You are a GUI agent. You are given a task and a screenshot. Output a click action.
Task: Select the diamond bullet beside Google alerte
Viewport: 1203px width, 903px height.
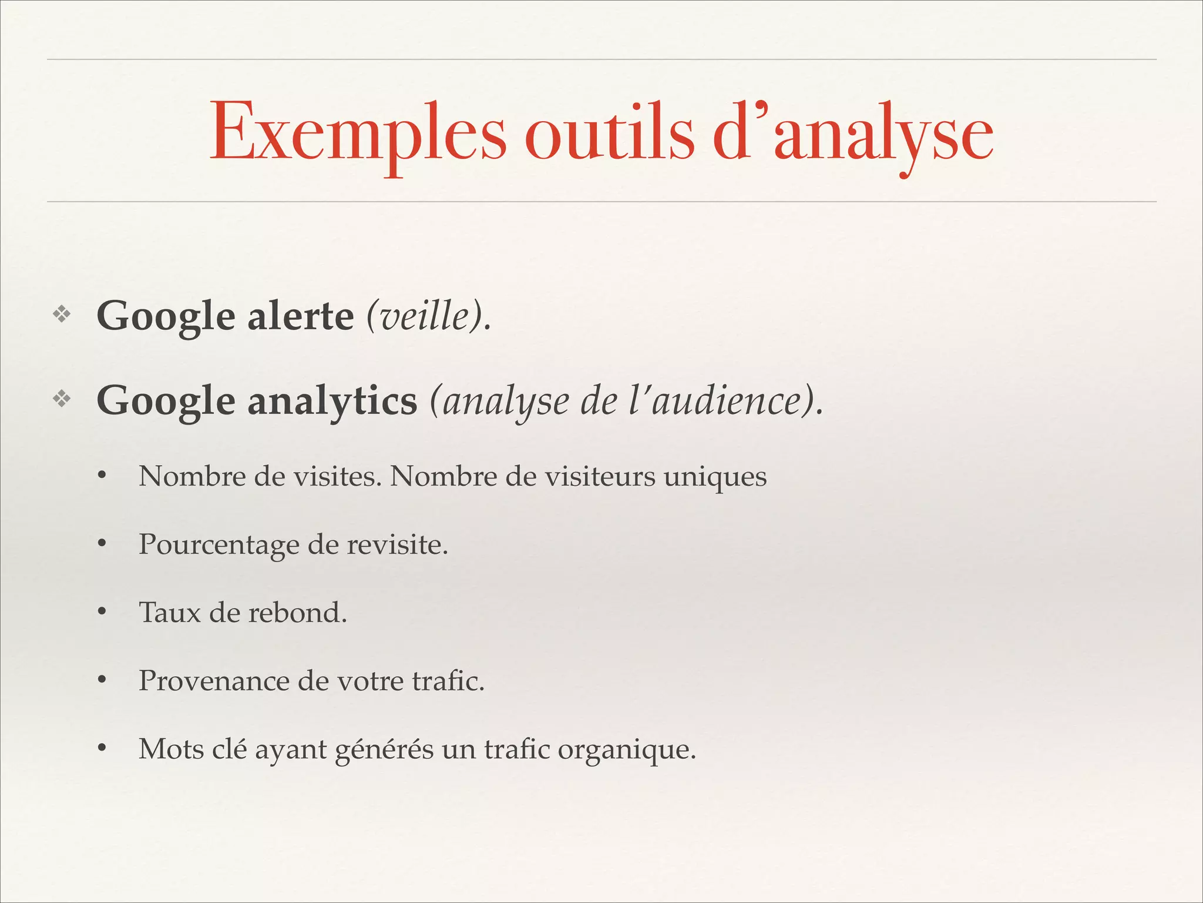pos(62,315)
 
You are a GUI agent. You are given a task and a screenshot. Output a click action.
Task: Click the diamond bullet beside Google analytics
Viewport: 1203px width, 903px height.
pos(62,400)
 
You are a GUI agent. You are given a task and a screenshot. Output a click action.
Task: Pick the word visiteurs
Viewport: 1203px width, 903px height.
pos(600,476)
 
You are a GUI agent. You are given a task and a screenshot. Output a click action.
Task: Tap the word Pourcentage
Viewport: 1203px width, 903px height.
pos(219,545)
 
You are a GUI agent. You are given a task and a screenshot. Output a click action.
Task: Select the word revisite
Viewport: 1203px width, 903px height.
pos(397,544)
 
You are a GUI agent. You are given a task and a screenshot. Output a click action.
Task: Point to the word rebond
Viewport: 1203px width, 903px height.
pos(297,613)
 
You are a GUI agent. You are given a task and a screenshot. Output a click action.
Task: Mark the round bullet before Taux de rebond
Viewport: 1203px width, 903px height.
pos(102,613)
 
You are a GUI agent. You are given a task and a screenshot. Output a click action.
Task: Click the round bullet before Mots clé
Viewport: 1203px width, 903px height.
pos(102,749)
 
